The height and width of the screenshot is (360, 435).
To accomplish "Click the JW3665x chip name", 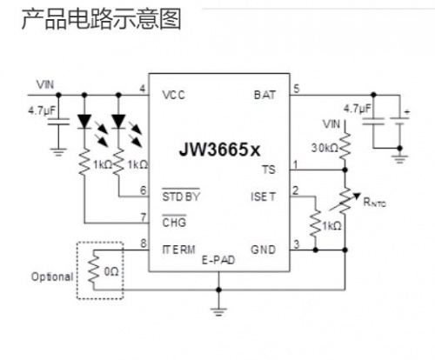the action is (x=219, y=150).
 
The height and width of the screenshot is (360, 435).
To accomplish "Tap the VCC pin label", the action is (x=173, y=95).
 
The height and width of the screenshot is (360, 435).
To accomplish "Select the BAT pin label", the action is (x=264, y=95).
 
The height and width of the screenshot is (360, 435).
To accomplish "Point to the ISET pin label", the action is (x=263, y=197).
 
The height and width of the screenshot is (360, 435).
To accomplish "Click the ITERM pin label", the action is (x=178, y=250).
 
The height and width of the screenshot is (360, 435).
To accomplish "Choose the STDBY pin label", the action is (x=181, y=197).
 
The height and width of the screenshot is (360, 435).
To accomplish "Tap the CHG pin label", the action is (x=174, y=223).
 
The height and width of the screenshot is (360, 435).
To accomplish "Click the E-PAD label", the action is (x=218, y=260).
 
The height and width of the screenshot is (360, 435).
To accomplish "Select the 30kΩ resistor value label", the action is (x=325, y=148).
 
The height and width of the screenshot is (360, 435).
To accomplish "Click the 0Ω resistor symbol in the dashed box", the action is (x=94, y=269).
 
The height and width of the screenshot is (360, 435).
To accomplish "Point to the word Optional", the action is (x=52, y=277).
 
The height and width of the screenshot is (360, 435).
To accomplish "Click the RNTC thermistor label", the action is (x=374, y=202).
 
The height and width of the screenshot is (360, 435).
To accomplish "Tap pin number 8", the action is (x=144, y=243).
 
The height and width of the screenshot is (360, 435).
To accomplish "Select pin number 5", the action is (x=296, y=89).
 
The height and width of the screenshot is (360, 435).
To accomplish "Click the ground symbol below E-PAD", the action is (x=218, y=312).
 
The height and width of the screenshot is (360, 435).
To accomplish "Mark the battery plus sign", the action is (x=407, y=111).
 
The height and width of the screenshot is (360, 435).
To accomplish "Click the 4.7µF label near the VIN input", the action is (x=42, y=110).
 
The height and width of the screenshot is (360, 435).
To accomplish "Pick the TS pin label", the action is (x=269, y=170).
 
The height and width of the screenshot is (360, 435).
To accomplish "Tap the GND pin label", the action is (x=263, y=250).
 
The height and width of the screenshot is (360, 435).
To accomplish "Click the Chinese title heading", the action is (x=102, y=19).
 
